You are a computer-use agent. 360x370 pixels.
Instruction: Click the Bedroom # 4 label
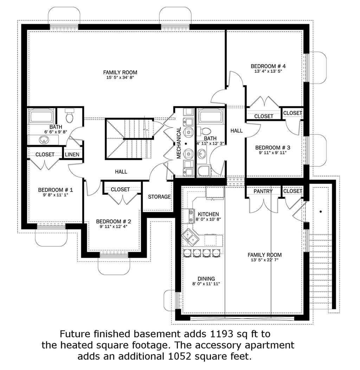point(268,66)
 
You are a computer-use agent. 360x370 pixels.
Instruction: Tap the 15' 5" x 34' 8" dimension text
point(120,78)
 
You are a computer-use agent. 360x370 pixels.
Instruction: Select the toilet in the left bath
point(69,115)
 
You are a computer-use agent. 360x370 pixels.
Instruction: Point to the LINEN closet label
point(72,155)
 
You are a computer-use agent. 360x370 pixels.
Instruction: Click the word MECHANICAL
point(179,143)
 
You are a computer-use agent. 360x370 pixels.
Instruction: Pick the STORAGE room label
point(159,197)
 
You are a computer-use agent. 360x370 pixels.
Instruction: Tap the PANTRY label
point(263,191)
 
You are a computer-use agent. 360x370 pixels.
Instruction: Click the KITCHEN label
point(208,214)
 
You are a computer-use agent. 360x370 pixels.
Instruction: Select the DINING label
point(206,279)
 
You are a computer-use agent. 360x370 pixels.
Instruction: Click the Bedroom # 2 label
point(113,222)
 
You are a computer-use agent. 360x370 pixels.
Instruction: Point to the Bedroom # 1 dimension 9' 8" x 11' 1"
point(56,195)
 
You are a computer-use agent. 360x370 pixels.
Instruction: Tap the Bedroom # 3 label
point(273,148)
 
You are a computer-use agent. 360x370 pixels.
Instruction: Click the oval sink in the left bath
point(44,140)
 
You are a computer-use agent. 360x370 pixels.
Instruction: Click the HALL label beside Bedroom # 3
point(237,131)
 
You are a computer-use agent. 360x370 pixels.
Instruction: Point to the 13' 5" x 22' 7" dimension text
point(265,260)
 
